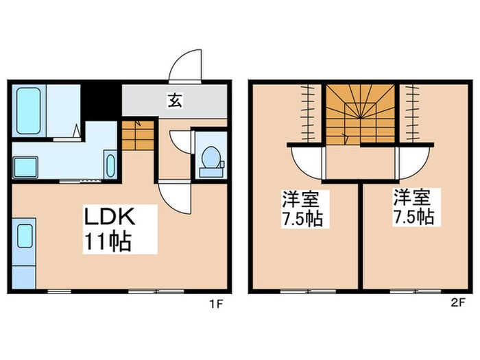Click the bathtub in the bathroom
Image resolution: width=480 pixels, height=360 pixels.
(29, 111)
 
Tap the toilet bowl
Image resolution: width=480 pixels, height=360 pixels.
(211, 157)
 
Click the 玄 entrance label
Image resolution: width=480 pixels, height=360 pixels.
(175, 101)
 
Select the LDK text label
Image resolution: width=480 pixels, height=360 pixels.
(110, 217)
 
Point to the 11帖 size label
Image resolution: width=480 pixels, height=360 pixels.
(108, 241)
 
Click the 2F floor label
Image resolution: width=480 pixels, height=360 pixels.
(458, 303)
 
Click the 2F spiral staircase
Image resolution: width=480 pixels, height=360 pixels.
(360, 114)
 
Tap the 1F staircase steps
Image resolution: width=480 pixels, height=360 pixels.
(138, 135)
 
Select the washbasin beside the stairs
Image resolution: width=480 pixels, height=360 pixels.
(110, 165)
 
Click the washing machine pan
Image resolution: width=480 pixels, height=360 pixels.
(25, 167)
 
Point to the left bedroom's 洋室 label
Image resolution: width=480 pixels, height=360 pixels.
(300, 199)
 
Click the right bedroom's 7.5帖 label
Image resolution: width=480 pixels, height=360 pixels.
(413, 217)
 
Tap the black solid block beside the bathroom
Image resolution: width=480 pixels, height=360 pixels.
(101, 102)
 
